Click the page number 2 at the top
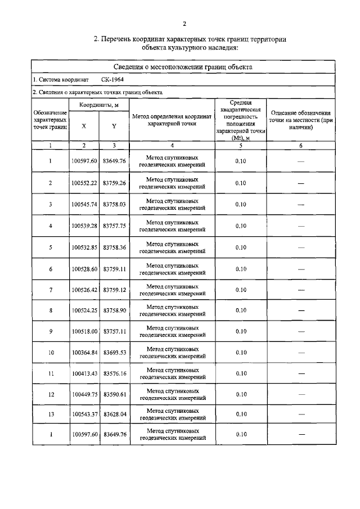pos(184,23)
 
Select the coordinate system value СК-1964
pos(113,79)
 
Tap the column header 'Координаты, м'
pos(99,105)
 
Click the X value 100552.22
pos(84,183)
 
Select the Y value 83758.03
pos(114,204)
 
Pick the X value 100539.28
pos(84,226)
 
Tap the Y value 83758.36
pos(114,247)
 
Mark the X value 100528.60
pos(84,269)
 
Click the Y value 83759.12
pos(114,290)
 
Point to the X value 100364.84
pos(84,353)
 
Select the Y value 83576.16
pos(114,373)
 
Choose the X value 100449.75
pos(84,394)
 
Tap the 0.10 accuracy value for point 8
pos(241,310)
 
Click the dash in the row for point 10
pos(300,353)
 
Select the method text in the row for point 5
pos(172,247)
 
